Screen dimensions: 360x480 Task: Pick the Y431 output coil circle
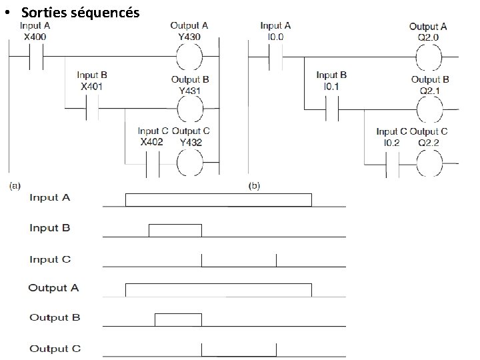point(189,107)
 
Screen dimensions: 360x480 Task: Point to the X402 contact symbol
point(153,163)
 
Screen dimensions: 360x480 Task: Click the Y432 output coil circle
point(189,162)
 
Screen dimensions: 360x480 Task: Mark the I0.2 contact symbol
point(392,163)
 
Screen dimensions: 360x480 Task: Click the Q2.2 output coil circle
point(429,163)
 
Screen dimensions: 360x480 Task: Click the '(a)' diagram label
point(14,184)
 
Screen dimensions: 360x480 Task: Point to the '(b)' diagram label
point(254,184)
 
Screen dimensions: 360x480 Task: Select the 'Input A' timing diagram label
point(49,198)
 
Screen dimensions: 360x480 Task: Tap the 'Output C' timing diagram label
point(55,348)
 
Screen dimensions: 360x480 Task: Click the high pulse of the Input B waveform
point(175,231)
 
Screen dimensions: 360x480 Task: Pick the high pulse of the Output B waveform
point(178,319)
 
